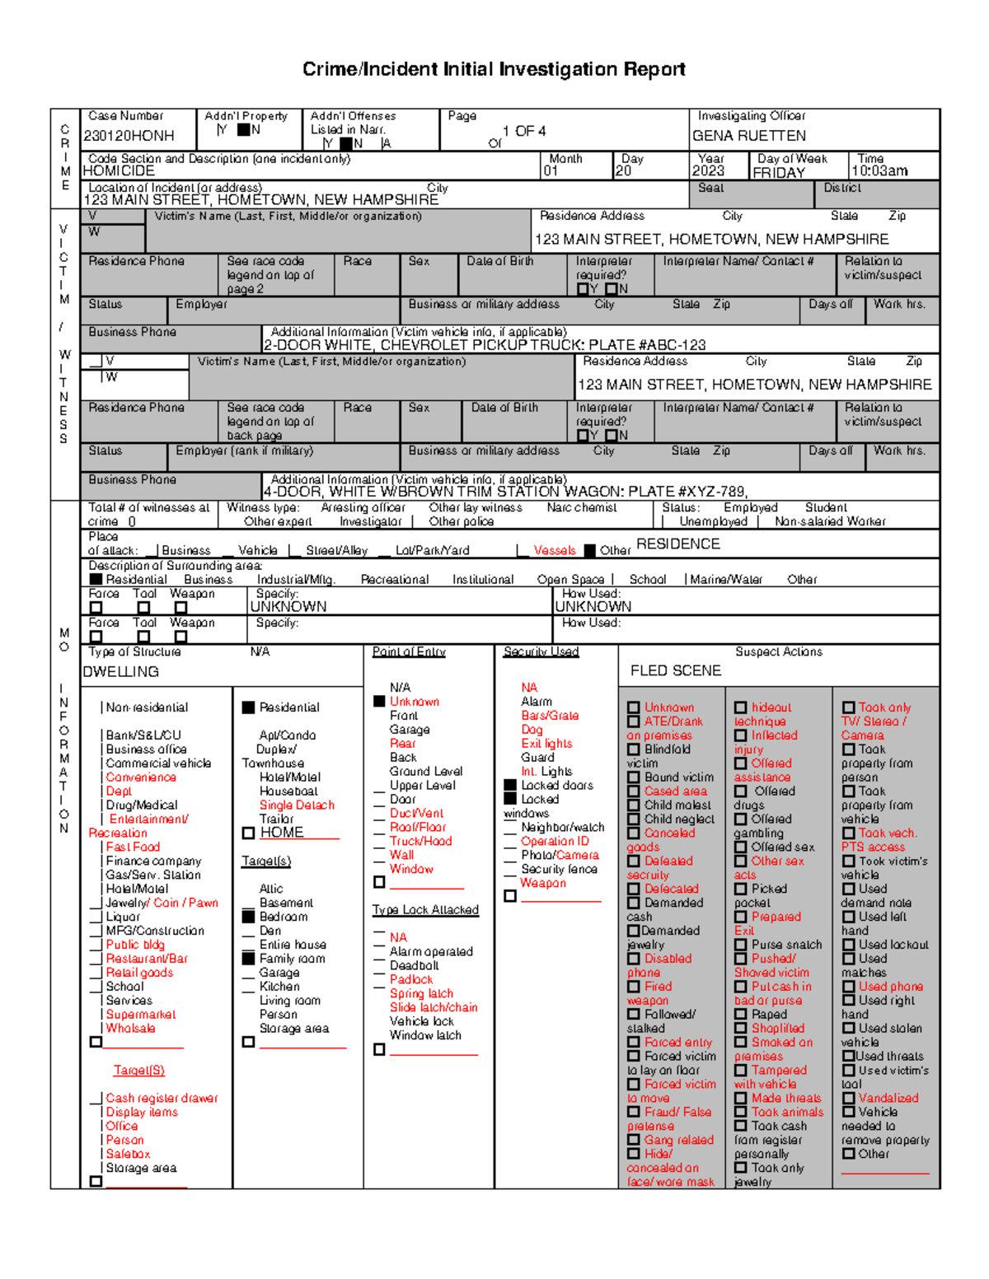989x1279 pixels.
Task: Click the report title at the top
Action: tap(494, 69)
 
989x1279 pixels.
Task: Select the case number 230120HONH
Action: tap(129, 136)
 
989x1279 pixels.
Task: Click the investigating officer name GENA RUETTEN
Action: tap(748, 136)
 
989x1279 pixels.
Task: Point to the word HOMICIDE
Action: tap(119, 171)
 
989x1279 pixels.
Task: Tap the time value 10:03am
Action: tap(879, 171)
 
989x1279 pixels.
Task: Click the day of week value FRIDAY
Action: tap(779, 173)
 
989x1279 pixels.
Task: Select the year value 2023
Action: tap(708, 171)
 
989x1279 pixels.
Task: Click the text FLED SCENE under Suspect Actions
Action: tap(676, 671)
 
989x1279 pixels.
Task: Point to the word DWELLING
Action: tap(121, 672)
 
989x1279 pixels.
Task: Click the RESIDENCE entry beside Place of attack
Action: tap(677, 544)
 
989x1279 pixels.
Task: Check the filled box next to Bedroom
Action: tap(248, 917)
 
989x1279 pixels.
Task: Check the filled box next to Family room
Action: tap(248, 959)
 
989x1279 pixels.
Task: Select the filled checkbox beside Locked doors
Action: tap(510, 786)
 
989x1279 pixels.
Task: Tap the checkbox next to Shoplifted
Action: tap(740, 1029)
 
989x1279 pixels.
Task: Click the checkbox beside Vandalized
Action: tap(848, 1099)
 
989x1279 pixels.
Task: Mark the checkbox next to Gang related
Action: tap(633, 1141)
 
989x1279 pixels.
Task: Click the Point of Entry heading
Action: tap(409, 652)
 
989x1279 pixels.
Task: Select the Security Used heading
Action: tap(541, 652)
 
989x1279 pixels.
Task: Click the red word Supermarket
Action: tap(141, 1015)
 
